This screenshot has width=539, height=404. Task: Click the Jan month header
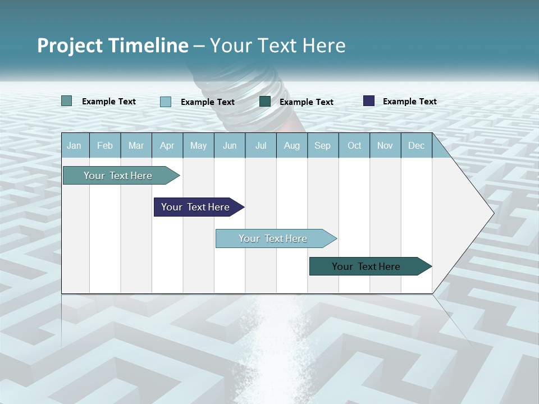[74, 146]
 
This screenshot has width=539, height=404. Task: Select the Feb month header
[105, 146]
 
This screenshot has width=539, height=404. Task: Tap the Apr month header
[167, 146]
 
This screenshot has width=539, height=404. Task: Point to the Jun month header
[230, 146]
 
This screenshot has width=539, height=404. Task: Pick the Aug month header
[292, 146]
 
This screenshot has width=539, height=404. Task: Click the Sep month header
[323, 146]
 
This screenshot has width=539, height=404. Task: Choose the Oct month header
[354, 146]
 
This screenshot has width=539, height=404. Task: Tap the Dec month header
[417, 146]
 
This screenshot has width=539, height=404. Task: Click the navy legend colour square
[369, 101]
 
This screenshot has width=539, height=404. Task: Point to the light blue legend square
[166, 102]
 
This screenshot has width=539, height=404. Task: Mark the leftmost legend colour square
[67, 101]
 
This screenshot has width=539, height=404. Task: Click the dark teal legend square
[265, 102]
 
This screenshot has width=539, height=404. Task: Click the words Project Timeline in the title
[112, 45]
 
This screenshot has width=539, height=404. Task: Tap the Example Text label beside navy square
[409, 102]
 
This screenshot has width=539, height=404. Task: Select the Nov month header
[385, 146]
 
